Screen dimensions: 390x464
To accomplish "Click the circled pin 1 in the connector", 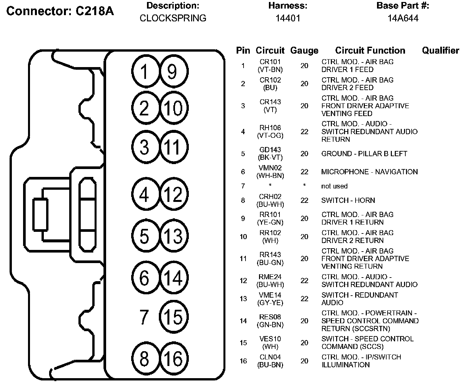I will coord(145,71).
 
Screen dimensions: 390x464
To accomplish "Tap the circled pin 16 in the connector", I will coord(173,358).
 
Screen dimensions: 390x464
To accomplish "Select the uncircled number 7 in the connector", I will coord(144,317).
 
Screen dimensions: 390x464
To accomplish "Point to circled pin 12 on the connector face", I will coord(173,195).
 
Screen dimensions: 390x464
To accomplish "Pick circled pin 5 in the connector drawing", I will coord(145,236).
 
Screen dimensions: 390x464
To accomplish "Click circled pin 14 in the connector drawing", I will coord(173,278).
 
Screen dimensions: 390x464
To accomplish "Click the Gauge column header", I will coord(304,51).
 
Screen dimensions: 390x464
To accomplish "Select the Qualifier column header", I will coord(440,50).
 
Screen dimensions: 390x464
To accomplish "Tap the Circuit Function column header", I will coord(370,50).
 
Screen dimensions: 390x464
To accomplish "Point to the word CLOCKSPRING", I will coord(173,18).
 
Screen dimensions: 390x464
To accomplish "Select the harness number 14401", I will coord(288,18).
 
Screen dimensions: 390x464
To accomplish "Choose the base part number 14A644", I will coord(403,18).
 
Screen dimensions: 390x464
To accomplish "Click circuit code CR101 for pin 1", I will coord(270,62).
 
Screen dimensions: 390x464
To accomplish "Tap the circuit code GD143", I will coord(270,150).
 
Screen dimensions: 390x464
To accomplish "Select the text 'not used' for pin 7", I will coord(334,186).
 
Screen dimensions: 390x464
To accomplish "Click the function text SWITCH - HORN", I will coord(348,200).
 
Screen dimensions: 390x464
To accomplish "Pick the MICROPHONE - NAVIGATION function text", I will coord(369,172).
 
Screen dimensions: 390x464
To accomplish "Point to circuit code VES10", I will coord(270,339).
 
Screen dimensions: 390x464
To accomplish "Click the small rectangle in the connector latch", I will coord(40,214).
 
